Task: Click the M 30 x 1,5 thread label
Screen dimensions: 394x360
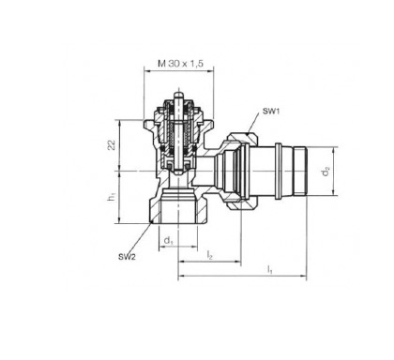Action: point(180,64)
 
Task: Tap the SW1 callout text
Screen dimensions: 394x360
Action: point(271,111)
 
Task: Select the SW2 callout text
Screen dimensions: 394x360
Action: point(127,257)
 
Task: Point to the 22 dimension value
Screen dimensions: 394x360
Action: point(112,144)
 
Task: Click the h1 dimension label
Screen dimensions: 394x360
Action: point(112,197)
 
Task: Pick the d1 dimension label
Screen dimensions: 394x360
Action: point(169,241)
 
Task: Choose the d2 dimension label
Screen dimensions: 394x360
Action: point(326,172)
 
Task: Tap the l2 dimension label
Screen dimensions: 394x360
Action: point(209,255)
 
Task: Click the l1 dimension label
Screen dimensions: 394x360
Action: point(269,270)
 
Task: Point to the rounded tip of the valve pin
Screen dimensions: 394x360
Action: point(178,93)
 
